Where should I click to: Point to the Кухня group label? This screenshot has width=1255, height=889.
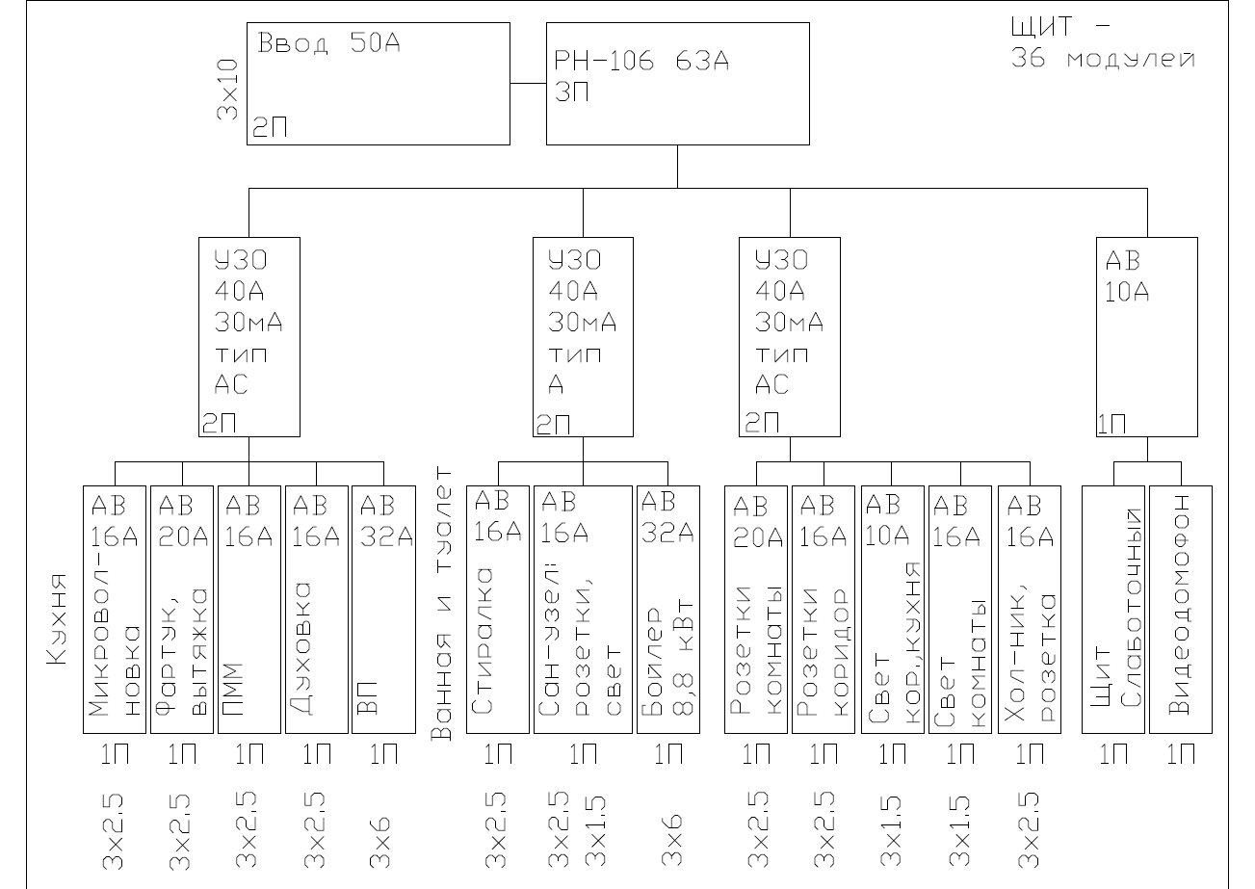tap(57, 619)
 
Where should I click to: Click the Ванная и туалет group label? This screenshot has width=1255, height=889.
tap(441, 604)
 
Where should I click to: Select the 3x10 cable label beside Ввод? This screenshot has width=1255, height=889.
tap(227, 90)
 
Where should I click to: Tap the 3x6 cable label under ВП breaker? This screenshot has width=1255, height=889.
tap(379, 842)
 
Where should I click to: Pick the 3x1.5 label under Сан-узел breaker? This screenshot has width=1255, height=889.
tap(595, 831)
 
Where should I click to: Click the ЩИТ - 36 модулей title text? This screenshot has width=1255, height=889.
tap(1103, 42)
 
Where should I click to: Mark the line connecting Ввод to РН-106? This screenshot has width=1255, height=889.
tap(529, 84)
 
